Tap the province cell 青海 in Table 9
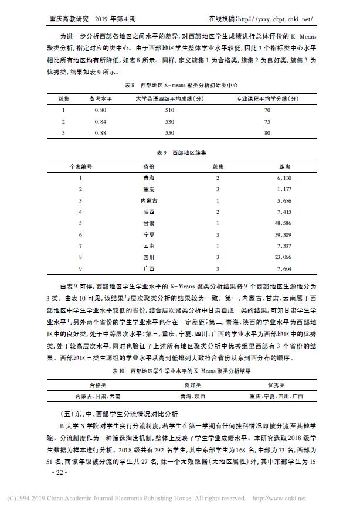(x=148, y=178)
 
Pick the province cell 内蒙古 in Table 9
(x=148, y=200)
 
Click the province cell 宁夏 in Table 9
(x=148, y=234)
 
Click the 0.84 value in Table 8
(x=100, y=121)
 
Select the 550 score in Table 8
(x=170, y=132)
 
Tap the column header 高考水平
(x=100, y=99)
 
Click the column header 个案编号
(x=80, y=166)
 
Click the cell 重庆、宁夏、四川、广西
(x=276, y=396)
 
